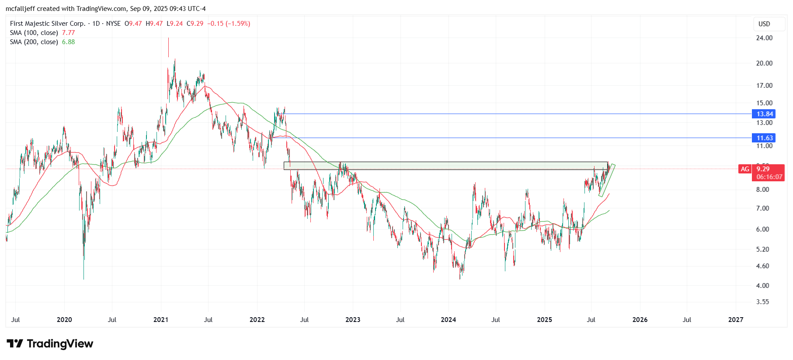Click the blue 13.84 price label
click(x=763, y=114)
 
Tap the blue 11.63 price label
click(x=763, y=138)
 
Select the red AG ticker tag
click(x=745, y=169)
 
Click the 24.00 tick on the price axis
click(x=764, y=38)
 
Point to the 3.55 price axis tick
click(x=762, y=302)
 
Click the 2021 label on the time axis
click(x=161, y=320)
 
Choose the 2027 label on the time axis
click(x=736, y=320)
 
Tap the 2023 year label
click(x=353, y=320)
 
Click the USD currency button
click(x=764, y=24)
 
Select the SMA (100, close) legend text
click(x=34, y=33)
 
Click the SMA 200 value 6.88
click(x=68, y=42)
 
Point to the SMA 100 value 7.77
click(x=68, y=33)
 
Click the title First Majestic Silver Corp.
click(x=48, y=24)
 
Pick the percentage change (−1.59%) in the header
click(x=238, y=24)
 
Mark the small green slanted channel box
click(x=607, y=180)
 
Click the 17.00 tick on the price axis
click(x=764, y=86)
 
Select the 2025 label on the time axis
click(x=544, y=320)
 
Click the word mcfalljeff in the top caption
click(x=20, y=9)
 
